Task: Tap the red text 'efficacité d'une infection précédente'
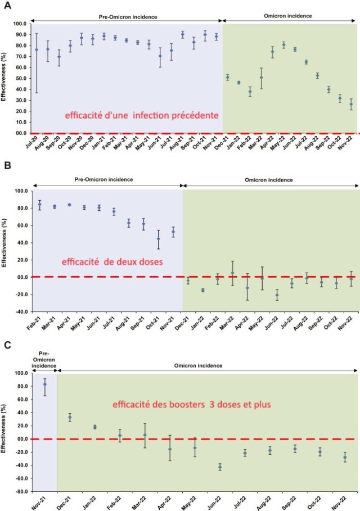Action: click(x=141, y=115)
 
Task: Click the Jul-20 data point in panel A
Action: click(x=37, y=49)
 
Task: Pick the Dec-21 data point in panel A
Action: click(x=227, y=77)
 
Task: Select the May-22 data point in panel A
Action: click(x=283, y=45)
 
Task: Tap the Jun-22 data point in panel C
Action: click(x=220, y=467)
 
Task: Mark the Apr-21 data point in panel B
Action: click(x=69, y=205)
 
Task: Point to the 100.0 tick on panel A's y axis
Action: click(x=20, y=24)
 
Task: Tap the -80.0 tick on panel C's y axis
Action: click(x=20, y=491)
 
